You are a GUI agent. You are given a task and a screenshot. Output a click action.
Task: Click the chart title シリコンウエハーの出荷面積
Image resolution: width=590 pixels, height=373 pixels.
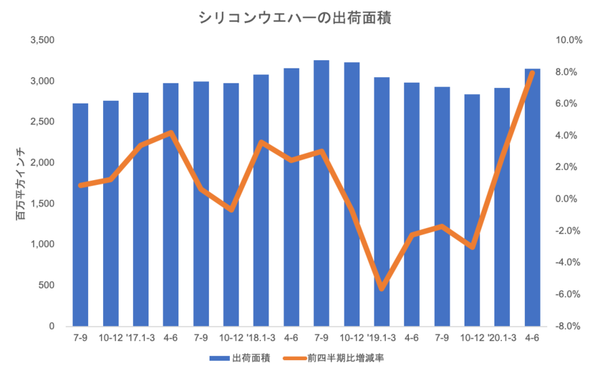[295, 18]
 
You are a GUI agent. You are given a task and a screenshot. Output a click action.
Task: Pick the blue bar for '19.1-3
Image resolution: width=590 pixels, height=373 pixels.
[382, 201]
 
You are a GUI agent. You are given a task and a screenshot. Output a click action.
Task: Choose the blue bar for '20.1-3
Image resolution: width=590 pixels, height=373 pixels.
[502, 206]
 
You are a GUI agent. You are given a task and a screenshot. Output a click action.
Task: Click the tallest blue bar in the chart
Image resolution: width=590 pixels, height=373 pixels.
[321, 192]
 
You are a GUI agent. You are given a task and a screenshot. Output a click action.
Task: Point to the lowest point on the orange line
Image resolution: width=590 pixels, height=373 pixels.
[382, 288]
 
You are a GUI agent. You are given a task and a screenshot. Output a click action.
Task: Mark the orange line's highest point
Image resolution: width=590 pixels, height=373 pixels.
[532, 72]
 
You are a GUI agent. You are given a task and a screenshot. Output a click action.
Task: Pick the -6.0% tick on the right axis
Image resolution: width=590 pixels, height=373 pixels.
[568, 294]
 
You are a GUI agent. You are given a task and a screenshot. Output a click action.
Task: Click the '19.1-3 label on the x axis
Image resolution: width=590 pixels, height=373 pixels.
[381, 336]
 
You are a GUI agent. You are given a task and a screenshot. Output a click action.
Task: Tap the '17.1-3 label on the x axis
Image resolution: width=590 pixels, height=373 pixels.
[140, 336]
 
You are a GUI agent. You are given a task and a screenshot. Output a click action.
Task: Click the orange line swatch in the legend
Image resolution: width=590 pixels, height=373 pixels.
[292, 357]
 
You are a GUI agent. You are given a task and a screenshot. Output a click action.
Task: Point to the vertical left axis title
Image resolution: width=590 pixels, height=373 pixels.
[21, 183]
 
